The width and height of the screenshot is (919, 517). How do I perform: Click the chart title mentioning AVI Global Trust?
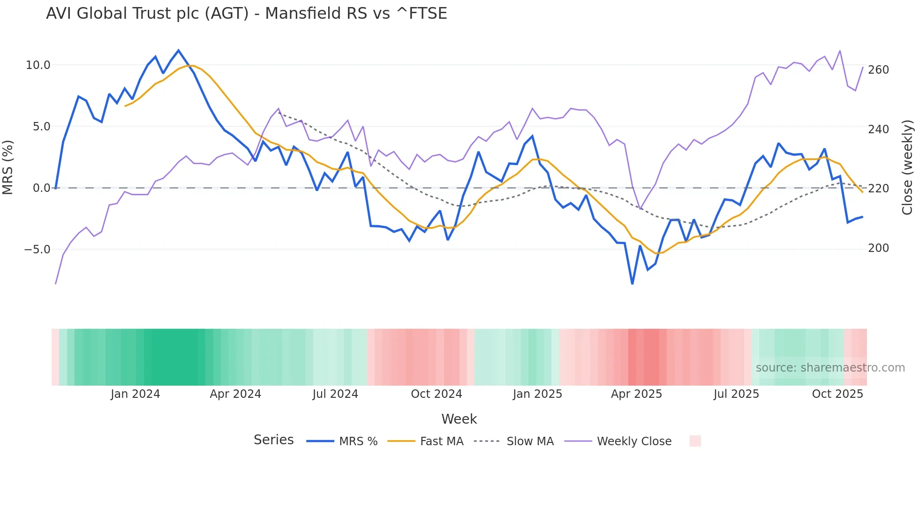point(246,14)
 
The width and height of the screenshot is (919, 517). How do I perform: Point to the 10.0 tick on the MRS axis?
point(38,65)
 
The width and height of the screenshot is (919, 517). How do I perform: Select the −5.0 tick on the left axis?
point(37,250)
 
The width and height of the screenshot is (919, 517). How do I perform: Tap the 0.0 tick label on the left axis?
point(41,188)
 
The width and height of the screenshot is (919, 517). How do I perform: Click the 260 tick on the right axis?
point(878,70)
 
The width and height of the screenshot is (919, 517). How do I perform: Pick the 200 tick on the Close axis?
point(878,248)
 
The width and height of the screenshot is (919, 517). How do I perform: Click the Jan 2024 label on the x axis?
point(135,394)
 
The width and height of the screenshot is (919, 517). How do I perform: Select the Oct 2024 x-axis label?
point(436,394)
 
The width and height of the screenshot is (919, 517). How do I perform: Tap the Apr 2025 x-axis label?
point(636,394)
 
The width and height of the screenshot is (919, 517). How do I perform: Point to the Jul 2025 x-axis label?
point(736,394)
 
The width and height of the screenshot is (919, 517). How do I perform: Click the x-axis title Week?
point(459,419)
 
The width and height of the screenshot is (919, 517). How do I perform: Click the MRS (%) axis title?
point(8,167)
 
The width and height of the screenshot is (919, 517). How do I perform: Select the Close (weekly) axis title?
point(907,167)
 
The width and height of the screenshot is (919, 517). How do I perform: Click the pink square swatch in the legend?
point(695,441)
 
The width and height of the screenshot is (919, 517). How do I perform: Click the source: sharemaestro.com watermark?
point(830,368)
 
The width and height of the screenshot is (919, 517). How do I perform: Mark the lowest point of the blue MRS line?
point(632,284)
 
